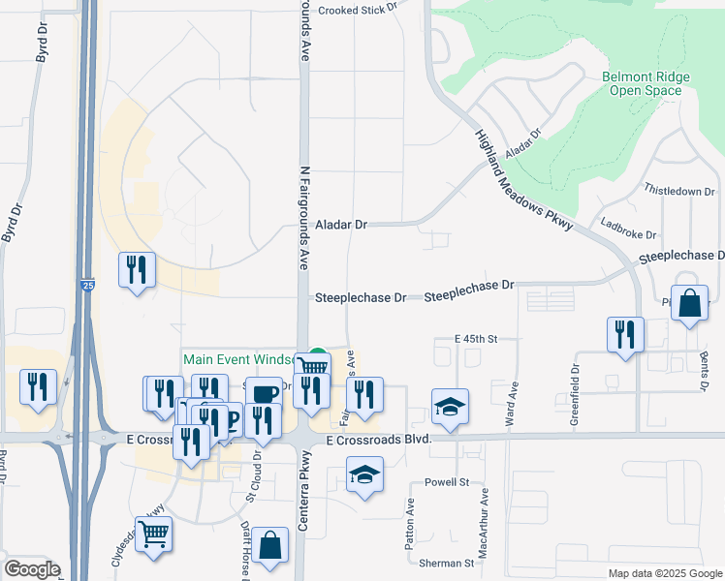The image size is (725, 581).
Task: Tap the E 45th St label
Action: pos(475,339)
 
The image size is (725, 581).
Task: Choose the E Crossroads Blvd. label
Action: pos(378,441)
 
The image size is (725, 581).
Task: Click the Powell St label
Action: pos(446,481)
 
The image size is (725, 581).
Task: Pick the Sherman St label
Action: pos(446,562)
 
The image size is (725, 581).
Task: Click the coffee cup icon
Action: pos(264,394)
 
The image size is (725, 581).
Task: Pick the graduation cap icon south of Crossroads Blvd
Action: pos(363,475)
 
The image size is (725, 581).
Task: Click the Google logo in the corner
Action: pos(32,569)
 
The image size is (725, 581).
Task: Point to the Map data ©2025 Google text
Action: pos(664,573)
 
